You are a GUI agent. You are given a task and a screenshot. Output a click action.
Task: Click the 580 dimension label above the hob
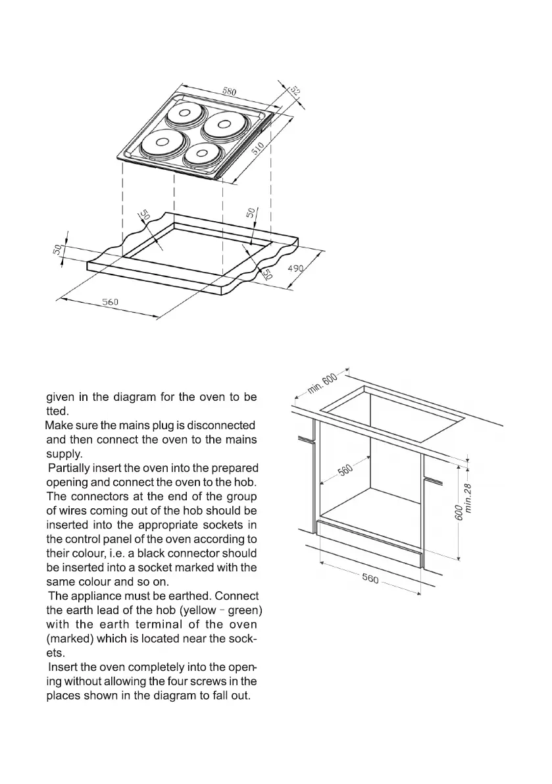(230, 91)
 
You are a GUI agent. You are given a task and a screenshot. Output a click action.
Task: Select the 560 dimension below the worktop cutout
(109, 302)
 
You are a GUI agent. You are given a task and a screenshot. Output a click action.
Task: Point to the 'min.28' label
(468, 498)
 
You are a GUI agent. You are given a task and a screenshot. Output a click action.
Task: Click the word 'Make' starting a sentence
(58, 426)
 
